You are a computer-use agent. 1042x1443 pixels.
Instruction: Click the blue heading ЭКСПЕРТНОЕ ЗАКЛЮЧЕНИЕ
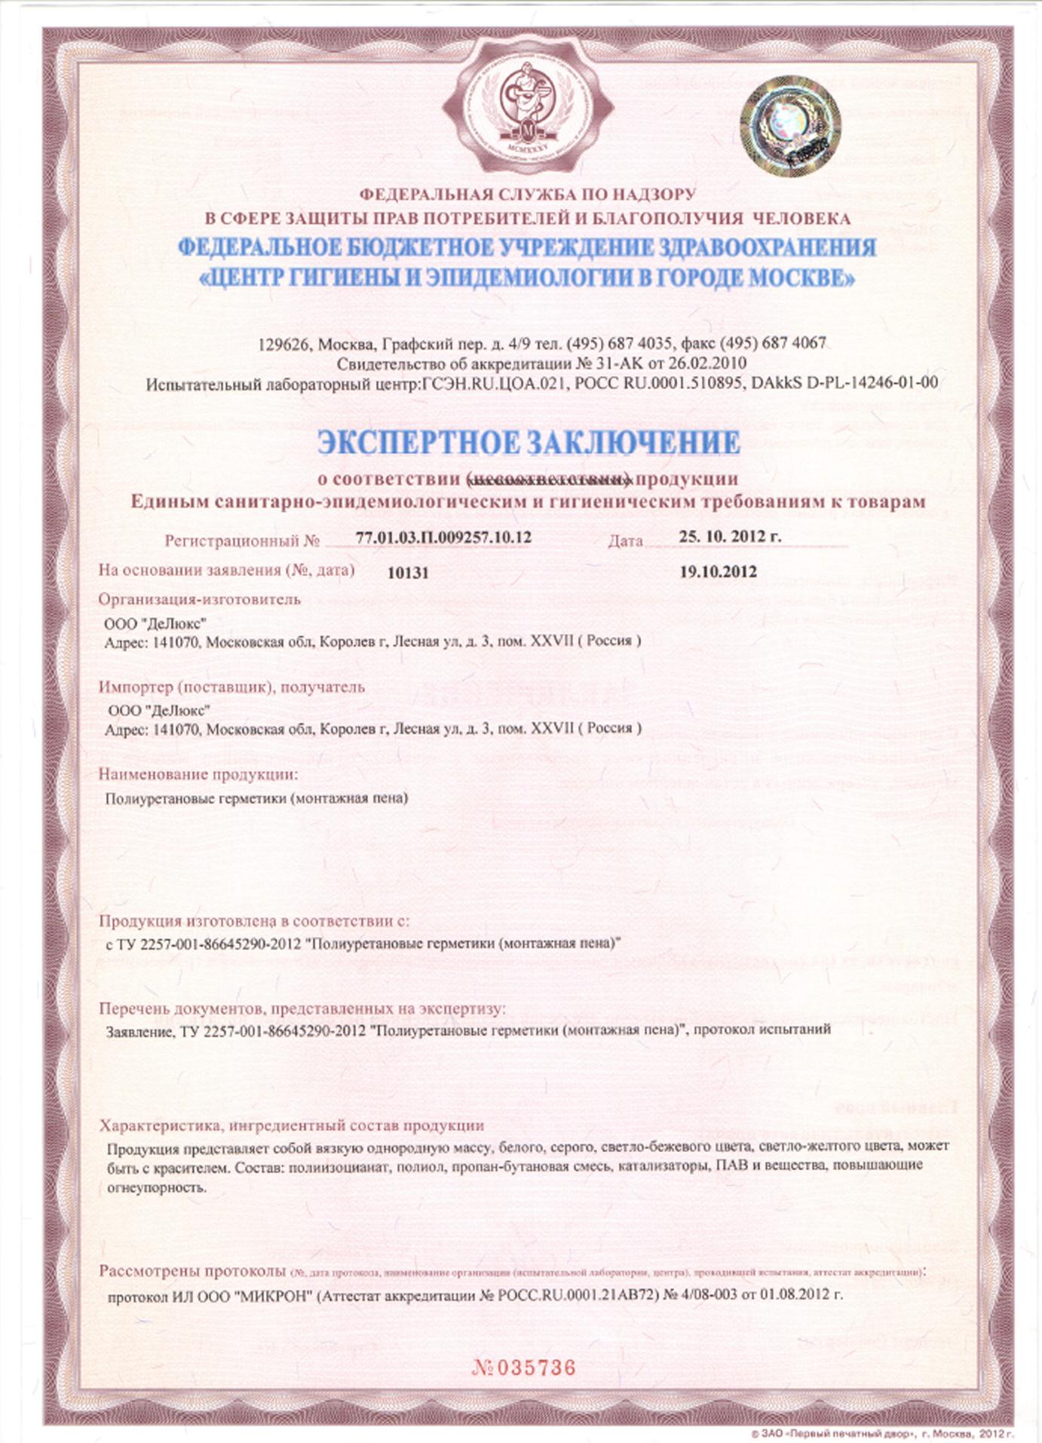[528, 443]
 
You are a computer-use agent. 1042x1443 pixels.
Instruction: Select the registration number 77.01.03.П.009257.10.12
[443, 538]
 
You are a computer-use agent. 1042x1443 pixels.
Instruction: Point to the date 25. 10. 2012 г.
[730, 537]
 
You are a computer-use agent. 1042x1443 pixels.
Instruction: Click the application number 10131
[408, 573]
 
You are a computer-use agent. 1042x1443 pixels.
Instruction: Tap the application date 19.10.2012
[718, 571]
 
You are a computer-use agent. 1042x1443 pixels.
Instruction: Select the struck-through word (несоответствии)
[547, 479]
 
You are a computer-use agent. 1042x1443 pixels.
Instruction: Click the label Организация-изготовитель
[200, 599]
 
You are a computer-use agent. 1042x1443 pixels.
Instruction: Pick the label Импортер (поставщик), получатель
[231, 687]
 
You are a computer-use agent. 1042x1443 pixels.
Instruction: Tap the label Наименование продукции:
[198, 774]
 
